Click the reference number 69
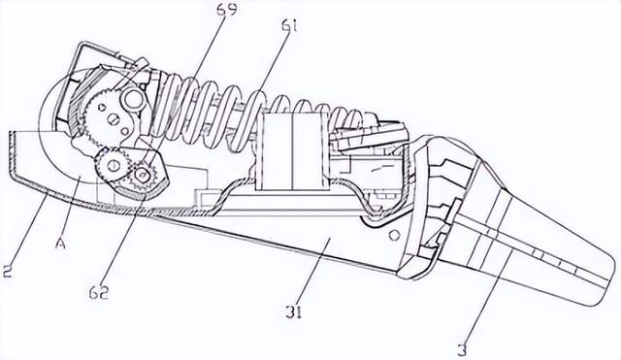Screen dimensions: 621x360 click(x=227, y=9)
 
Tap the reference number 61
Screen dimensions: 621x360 click(x=289, y=26)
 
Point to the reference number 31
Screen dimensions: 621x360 click(x=293, y=311)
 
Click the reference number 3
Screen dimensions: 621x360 click(x=462, y=350)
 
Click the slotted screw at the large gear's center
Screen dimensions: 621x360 click(x=114, y=118)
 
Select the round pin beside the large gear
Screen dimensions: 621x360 click(x=134, y=100)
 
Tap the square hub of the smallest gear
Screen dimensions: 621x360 click(x=143, y=173)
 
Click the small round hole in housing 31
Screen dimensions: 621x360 click(x=394, y=236)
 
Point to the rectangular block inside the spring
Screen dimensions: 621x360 click(x=292, y=151)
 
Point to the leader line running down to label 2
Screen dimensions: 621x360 click(x=27, y=227)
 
